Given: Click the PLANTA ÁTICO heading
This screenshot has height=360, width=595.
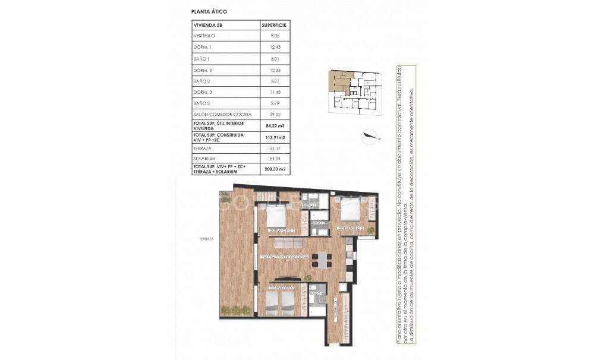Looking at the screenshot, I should tap(209, 11).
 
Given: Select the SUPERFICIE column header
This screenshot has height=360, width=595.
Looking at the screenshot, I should tap(274, 25).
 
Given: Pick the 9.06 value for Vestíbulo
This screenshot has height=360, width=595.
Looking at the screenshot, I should tap(274, 36).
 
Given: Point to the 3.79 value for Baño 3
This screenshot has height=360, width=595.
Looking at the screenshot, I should tap(274, 103).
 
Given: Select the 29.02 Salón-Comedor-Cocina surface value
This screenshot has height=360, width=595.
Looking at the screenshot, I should tap(274, 114).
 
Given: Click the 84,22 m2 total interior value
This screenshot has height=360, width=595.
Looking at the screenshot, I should tap(274, 125).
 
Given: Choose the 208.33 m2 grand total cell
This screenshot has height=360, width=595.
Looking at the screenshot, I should tap(274, 169).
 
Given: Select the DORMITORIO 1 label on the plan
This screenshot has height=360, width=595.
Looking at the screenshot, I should tap(282, 229).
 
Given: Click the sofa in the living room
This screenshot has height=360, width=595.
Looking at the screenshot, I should tap(287, 244).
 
